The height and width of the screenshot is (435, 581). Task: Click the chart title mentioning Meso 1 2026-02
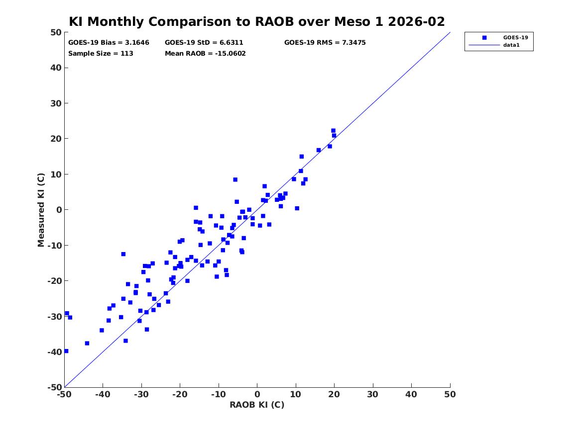tap(257, 21)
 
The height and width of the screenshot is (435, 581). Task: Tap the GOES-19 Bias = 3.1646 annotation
tap(109, 43)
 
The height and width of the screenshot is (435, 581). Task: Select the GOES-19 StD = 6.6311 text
tap(204, 43)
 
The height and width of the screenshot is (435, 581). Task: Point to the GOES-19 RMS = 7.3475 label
tap(325, 43)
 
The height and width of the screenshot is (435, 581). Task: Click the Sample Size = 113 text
tap(101, 54)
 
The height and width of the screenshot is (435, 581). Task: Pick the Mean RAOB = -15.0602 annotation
tap(205, 54)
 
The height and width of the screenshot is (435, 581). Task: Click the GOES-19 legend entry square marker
tap(484, 37)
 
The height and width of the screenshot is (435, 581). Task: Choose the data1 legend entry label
tap(511, 45)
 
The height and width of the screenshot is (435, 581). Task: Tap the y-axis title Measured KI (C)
tap(41, 210)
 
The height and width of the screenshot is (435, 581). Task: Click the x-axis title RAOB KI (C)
tap(257, 405)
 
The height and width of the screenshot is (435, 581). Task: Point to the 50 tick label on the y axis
tap(56, 32)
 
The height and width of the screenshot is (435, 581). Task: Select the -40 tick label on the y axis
tap(54, 352)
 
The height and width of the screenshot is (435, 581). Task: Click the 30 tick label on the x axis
tap(373, 394)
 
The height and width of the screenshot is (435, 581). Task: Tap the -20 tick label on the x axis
tap(180, 394)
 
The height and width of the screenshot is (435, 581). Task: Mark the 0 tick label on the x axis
tap(257, 394)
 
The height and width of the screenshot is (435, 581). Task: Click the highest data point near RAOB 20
tap(333, 131)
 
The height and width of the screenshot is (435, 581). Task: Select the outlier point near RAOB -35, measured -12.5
tap(123, 254)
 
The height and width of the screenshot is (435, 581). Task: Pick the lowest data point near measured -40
tap(66, 351)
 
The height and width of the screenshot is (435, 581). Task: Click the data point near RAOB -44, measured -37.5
tap(87, 343)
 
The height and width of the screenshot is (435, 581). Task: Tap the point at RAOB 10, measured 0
tap(297, 208)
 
